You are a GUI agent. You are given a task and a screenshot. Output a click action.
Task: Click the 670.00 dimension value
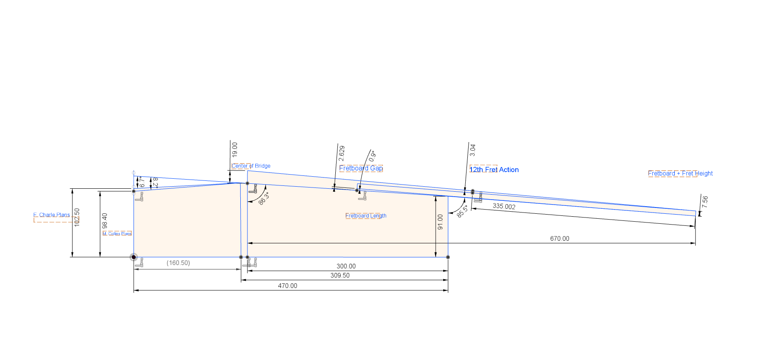tap(559, 239)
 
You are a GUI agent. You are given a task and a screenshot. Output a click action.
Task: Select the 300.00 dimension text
tap(346, 266)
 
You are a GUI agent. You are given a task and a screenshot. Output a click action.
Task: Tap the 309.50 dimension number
tap(340, 275)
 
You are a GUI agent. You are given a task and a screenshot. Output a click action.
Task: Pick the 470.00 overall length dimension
tap(287, 286)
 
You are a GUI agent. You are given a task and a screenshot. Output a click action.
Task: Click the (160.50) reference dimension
tap(178, 263)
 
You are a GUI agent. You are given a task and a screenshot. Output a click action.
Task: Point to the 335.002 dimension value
tap(504, 206)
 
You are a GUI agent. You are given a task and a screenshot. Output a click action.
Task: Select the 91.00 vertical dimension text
tap(440, 222)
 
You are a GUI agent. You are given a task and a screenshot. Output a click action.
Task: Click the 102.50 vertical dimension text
tap(77, 217)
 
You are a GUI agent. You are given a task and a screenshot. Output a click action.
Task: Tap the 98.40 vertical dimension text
tap(105, 221)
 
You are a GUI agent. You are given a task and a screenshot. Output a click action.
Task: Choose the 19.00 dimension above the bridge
tap(235, 149)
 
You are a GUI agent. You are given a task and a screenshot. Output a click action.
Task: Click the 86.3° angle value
tap(264, 198)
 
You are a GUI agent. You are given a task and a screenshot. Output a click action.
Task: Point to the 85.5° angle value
tap(462, 211)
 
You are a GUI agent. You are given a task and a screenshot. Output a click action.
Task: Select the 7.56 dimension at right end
tap(704, 202)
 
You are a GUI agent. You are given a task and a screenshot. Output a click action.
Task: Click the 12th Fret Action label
tap(494, 170)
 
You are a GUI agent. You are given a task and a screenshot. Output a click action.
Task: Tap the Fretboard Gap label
tap(361, 168)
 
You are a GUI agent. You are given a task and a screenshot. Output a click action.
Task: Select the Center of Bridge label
tap(251, 166)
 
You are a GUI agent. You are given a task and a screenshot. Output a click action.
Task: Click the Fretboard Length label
tap(366, 216)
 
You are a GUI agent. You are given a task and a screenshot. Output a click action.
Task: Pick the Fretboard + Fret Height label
tap(680, 173)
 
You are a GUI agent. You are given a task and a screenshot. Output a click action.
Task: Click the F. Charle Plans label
tap(52, 215)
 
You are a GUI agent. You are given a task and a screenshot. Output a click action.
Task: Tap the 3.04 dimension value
tap(472, 150)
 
